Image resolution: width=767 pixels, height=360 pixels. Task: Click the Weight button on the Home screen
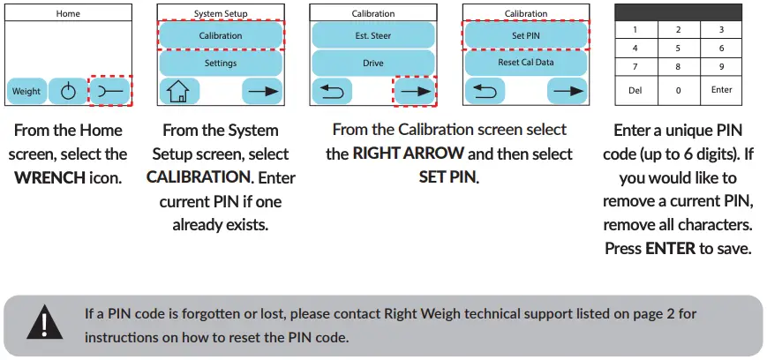[26, 91]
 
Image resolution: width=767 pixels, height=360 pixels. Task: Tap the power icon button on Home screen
[67, 91]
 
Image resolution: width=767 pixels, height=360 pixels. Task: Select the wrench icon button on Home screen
[111, 91]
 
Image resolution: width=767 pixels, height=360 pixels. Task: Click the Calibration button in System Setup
[221, 35]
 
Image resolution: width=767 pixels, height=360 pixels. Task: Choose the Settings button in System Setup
[221, 64]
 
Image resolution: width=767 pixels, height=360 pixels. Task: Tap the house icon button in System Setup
[178, 91]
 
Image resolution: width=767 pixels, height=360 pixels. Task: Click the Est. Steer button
[372, 35]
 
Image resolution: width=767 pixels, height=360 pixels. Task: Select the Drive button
[372, 64]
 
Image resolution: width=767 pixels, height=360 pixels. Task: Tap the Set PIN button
[525, 35]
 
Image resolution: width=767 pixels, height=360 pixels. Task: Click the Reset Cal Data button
[525, 64]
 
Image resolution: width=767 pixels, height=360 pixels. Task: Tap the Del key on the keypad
[635, 90]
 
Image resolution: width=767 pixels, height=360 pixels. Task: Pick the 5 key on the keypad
[678, 49]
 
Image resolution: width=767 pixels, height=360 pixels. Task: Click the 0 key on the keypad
[678, 90]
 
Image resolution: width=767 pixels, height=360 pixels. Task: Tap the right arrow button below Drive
[413, 91]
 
